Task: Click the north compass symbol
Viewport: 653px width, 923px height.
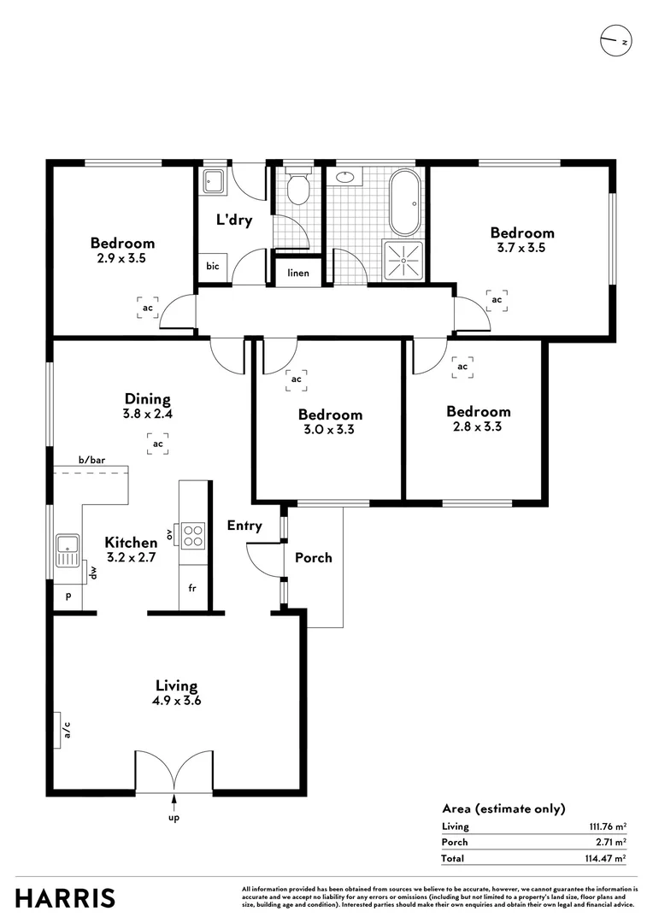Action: coord(615,41)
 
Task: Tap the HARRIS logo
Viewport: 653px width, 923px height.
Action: coord(65,898)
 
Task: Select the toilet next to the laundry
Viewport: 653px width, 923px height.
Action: coord(298,189)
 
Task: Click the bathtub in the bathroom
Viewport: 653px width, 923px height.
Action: coord(405,203)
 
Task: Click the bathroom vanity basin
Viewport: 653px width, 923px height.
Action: coord(346,179)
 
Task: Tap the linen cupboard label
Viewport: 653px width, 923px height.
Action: coord(298,273)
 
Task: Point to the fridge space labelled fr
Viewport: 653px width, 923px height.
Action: coord(193,590)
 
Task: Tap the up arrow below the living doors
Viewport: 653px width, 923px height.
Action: coord(175,802)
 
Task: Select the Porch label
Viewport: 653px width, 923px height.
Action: coord(314,557)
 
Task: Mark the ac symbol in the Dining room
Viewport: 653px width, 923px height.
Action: coord(157,444)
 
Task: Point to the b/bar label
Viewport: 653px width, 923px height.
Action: coord(91,461)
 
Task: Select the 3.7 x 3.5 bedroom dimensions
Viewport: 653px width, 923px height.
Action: coord(522,248)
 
